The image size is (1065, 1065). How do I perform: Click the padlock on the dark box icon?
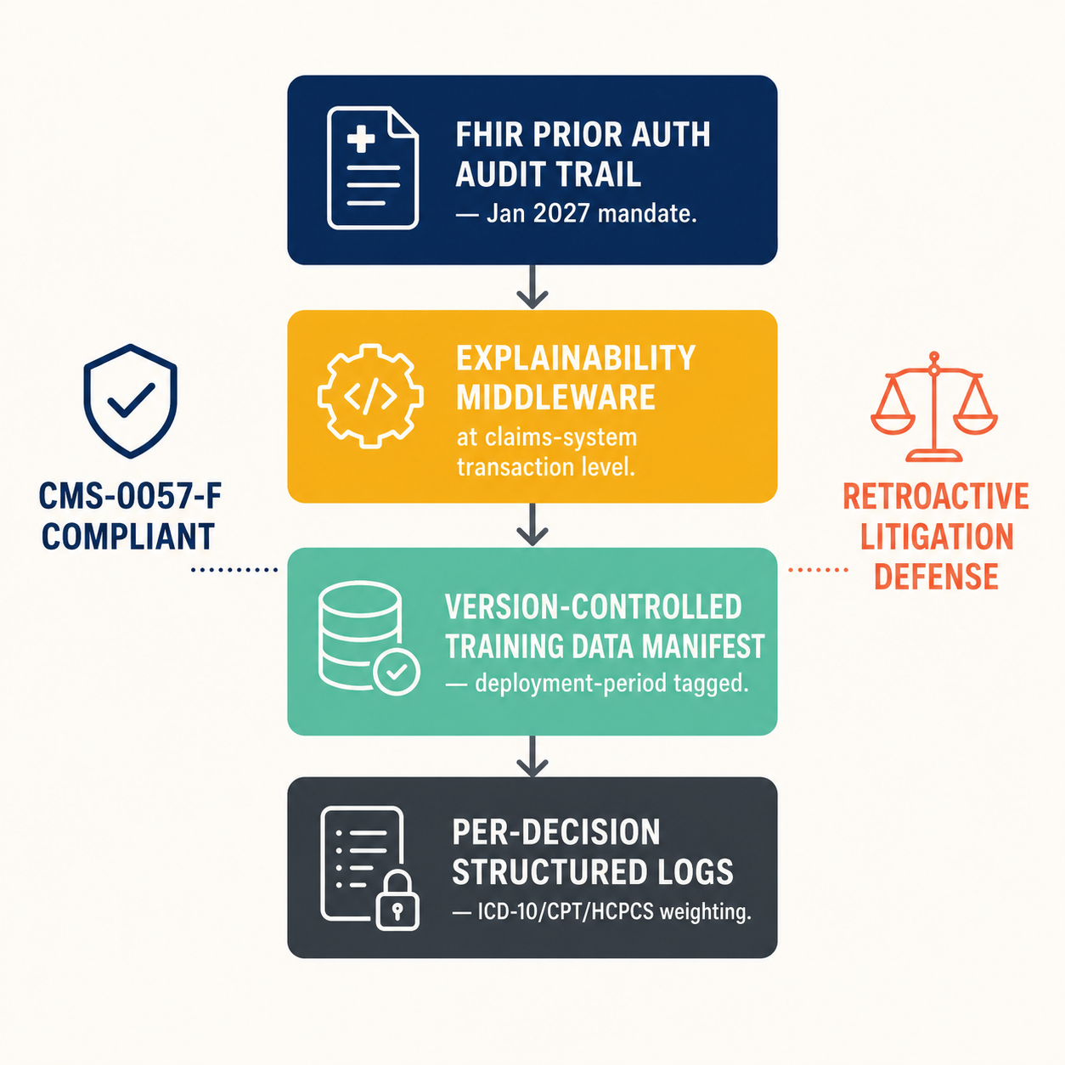click(397, 901)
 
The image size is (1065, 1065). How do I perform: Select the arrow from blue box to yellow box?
click(532, 286)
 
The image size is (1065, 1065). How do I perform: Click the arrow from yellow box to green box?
click(532, 524)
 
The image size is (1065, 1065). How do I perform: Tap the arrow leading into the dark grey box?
click(532, 756)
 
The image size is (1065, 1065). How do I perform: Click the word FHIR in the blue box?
click(489, 135)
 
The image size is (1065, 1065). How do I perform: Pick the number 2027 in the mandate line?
click(561, 213)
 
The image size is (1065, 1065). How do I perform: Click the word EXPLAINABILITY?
click(575, 358)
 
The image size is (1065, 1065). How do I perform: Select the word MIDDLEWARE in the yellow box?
click(555, 397)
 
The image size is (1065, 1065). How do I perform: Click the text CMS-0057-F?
click(131, 496)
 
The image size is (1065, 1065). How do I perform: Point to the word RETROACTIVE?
click(936, 496)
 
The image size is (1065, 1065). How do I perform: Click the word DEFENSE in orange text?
click(936, 577)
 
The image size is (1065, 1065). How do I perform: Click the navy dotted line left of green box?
click(234, 569)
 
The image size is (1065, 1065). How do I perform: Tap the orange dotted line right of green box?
click(818, 569)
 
